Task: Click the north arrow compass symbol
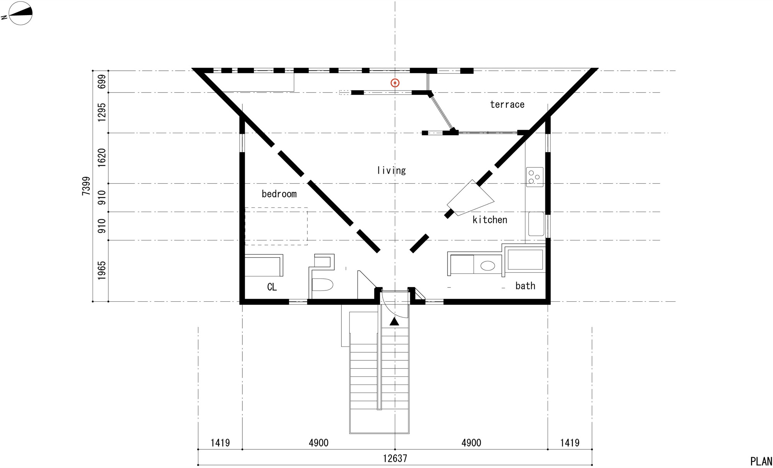[20, 13]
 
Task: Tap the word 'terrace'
[507, 104]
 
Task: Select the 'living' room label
[391, 170]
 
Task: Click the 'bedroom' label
[279, 194]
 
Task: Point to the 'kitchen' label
[490, 220]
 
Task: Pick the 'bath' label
[525, 286]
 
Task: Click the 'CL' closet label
[272, 287]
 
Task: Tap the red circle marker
[395, 83]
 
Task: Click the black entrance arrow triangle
[394, 321]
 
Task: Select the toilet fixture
[322, 285]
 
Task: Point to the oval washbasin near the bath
[487, 266]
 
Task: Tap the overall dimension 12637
[395, 458]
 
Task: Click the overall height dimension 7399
[86, 186]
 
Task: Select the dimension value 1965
[101, 270]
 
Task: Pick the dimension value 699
[101, 82]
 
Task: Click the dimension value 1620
[101, 158]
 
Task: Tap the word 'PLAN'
[761, 461]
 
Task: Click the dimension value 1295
[101, 112]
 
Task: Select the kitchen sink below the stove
[536, 224]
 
